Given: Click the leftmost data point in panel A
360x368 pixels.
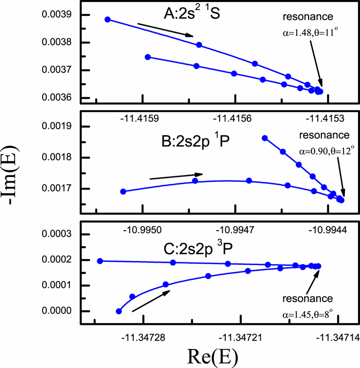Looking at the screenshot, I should click(x=107, y=20).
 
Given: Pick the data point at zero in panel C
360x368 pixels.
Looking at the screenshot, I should click(x=119, y=311).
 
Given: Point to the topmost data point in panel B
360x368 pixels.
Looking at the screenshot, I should click(x=265, y=138).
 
